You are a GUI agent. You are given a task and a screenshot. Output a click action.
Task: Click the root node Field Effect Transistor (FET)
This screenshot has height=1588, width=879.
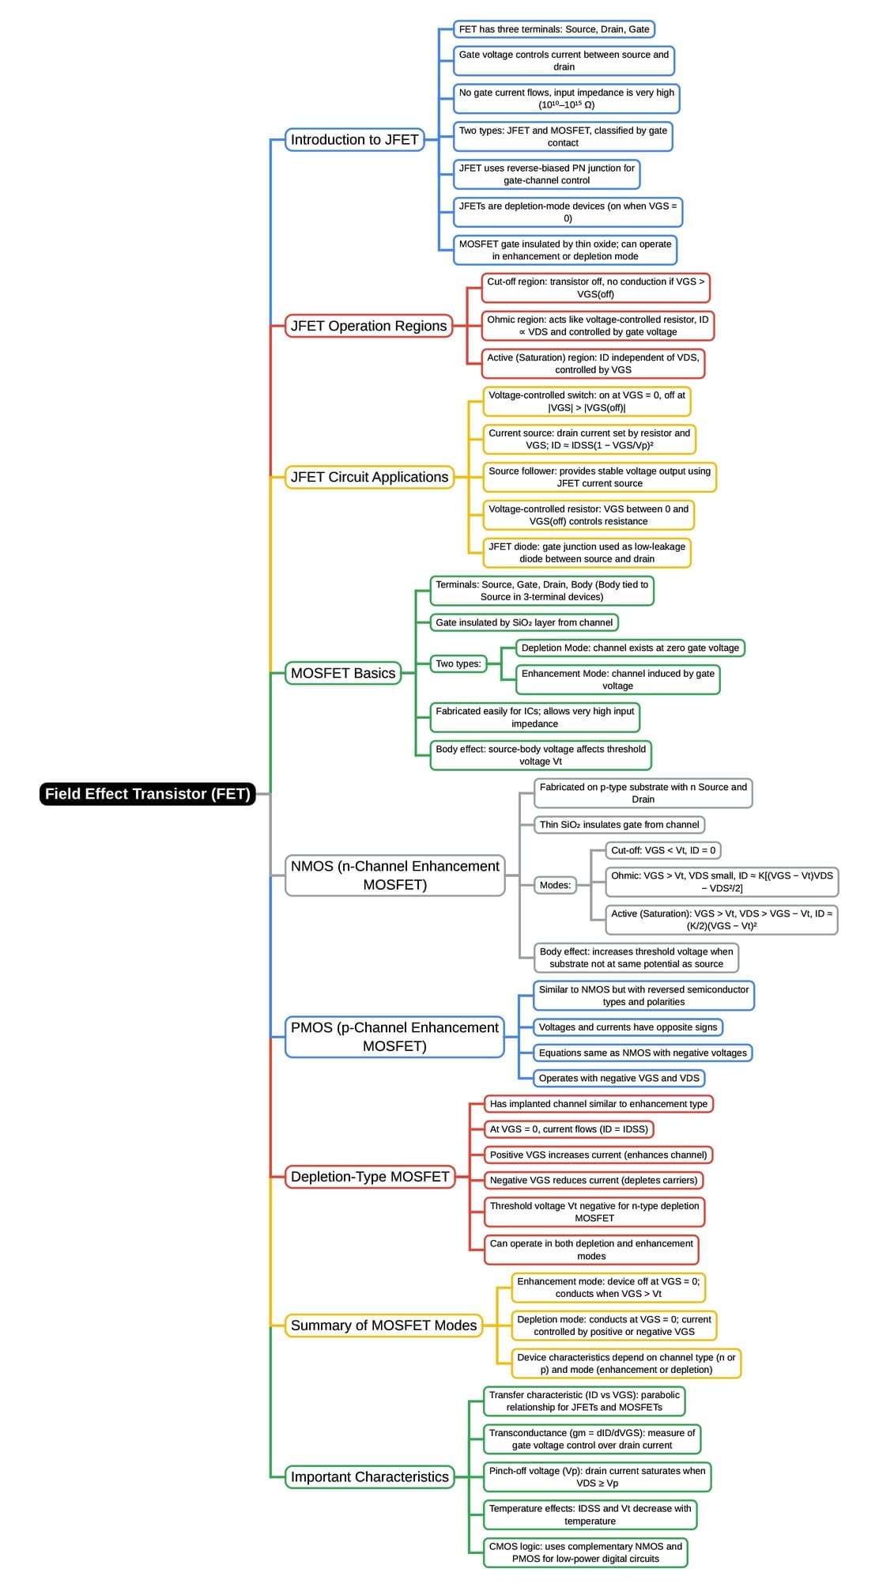coord(148,793)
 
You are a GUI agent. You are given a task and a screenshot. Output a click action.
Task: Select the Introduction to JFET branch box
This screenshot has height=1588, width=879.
coord(354,139)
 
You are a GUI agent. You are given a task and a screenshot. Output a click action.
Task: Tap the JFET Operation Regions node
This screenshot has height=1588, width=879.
coord(368,326)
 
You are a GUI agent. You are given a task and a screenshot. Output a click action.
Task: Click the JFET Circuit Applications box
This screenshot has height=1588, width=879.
coord(369,477)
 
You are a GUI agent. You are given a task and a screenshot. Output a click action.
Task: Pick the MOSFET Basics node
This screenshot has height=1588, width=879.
coord(342,673)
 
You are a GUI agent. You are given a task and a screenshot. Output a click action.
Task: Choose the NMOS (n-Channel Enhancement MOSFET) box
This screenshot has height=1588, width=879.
coord(394,875)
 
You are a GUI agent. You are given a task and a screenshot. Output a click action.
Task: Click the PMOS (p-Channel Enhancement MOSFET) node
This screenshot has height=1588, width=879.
coord(394,1037)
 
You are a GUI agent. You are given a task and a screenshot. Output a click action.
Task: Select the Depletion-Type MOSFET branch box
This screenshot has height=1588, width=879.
coord(369,1177)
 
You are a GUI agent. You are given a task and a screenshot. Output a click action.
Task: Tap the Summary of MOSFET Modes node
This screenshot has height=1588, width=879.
coord(383,1325)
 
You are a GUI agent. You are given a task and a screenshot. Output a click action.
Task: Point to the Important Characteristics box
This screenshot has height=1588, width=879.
coord(369,1476)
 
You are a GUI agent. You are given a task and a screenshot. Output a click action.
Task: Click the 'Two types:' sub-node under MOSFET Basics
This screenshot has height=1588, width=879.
coord(458,664)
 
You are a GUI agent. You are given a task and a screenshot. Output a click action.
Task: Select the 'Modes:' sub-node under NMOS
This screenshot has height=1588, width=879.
coord(555,885)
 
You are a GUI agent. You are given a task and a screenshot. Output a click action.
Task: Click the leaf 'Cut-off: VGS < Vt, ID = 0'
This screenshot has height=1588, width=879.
coord(663,850)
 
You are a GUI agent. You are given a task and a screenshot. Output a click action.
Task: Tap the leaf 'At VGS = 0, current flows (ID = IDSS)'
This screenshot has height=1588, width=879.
coord(568,1129)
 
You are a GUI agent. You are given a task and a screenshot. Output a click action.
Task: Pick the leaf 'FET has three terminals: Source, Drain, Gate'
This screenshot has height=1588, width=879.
coord(553,29)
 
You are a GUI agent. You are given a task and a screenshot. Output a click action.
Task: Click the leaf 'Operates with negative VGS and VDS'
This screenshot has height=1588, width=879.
coord(619,1078)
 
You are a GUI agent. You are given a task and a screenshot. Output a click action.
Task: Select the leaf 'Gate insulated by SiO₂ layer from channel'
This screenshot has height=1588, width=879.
coord(523,622)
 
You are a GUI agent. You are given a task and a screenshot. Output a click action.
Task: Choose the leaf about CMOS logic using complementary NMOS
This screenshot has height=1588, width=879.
coord(585,1552)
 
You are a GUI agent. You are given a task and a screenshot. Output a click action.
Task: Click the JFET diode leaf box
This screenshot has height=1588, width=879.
coord(587,553)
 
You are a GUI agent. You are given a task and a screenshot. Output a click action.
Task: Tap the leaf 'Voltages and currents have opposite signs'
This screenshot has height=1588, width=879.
coord(628,1027)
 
